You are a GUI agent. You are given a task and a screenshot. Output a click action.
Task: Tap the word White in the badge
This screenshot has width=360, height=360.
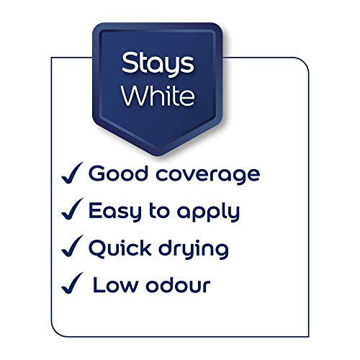pos(157,96)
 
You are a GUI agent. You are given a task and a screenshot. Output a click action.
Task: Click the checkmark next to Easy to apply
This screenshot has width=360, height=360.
pos(70,211)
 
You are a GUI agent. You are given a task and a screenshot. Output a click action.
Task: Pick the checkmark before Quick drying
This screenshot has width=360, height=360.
pos(70,248)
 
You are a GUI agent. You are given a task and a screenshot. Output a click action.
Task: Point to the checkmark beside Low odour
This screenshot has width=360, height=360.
pos(70,285)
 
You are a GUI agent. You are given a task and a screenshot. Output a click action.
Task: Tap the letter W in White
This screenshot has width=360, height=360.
pos(133,96)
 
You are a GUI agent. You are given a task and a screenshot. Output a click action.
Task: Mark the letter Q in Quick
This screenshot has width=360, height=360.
pos(98,249)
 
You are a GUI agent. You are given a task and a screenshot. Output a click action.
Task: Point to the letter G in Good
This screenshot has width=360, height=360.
pos(98,174)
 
